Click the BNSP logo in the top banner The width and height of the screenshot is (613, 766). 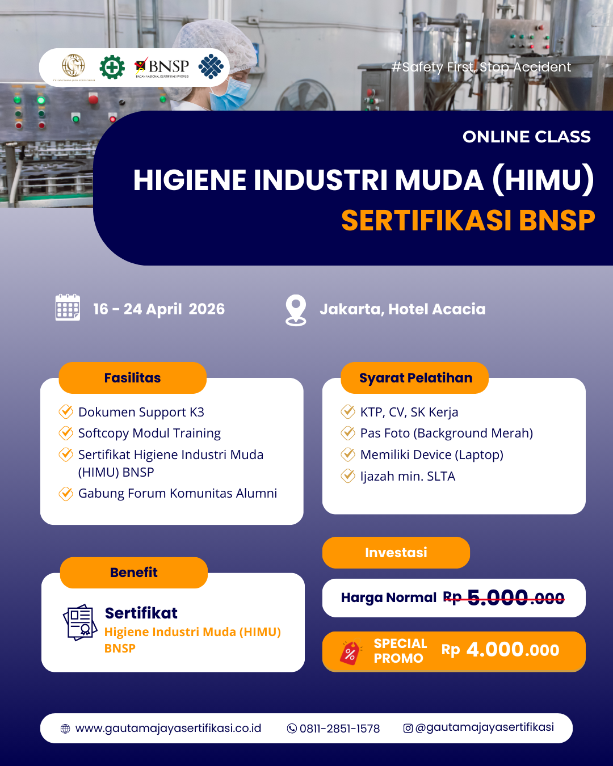162,68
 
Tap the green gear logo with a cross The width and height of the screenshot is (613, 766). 112,68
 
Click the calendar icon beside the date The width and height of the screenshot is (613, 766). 68,308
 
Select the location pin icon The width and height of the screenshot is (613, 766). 296,310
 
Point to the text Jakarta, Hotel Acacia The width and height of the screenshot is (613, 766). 402,309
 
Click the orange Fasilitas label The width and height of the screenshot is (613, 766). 133,378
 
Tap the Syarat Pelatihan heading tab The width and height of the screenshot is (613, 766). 415,378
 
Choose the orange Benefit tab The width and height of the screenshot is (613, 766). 134,573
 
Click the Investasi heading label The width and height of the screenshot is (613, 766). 396,553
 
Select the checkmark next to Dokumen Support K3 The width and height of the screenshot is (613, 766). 66,411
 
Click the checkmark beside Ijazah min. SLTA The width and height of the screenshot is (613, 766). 348,476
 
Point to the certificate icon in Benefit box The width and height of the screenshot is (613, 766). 80,622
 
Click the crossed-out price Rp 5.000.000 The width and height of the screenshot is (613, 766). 504,598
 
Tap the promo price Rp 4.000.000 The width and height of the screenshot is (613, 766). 501,650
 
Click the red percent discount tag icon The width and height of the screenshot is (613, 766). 350,653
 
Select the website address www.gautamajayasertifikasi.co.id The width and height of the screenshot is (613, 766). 168,728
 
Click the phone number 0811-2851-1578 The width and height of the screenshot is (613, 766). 339,729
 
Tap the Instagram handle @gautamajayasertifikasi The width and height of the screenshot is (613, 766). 484,727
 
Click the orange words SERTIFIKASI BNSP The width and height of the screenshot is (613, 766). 468,220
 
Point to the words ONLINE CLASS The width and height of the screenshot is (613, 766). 527,137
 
